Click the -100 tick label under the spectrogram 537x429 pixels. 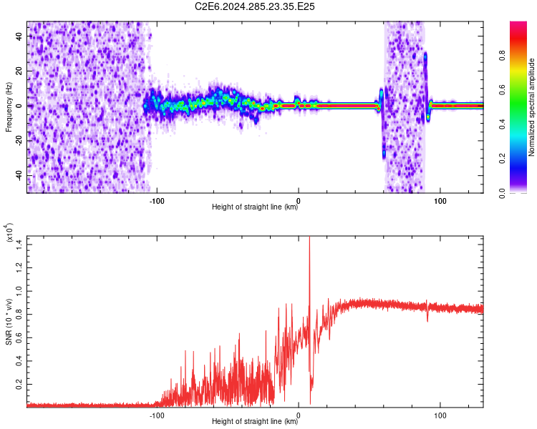pos(156,199)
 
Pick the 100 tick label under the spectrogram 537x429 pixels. pos(440,199)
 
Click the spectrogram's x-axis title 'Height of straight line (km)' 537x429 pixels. pos(255,207)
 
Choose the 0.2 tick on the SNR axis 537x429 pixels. pos(19,384)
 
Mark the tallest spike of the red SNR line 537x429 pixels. pos(309,237)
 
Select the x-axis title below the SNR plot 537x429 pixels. pos(255,422)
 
